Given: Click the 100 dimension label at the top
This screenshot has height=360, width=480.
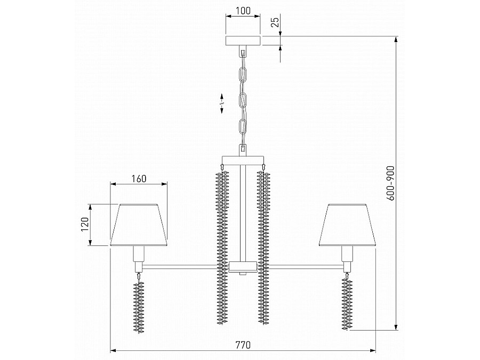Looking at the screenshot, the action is click(x=243, y=11).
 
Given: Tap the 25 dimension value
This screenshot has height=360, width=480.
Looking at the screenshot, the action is click(x=276, y=22).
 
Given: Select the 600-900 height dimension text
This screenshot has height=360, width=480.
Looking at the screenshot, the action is click(x=390, y=183).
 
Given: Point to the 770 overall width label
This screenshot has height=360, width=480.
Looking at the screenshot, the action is click(x=243, y=345).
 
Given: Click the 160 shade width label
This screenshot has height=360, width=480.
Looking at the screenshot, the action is click(x=139, y=179).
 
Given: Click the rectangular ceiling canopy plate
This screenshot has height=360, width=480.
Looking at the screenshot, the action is click(x=243, y=41).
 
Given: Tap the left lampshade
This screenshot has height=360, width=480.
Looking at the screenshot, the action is click(x=139, y=225).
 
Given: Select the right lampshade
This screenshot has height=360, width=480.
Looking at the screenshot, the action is click(x=347, y=225).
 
